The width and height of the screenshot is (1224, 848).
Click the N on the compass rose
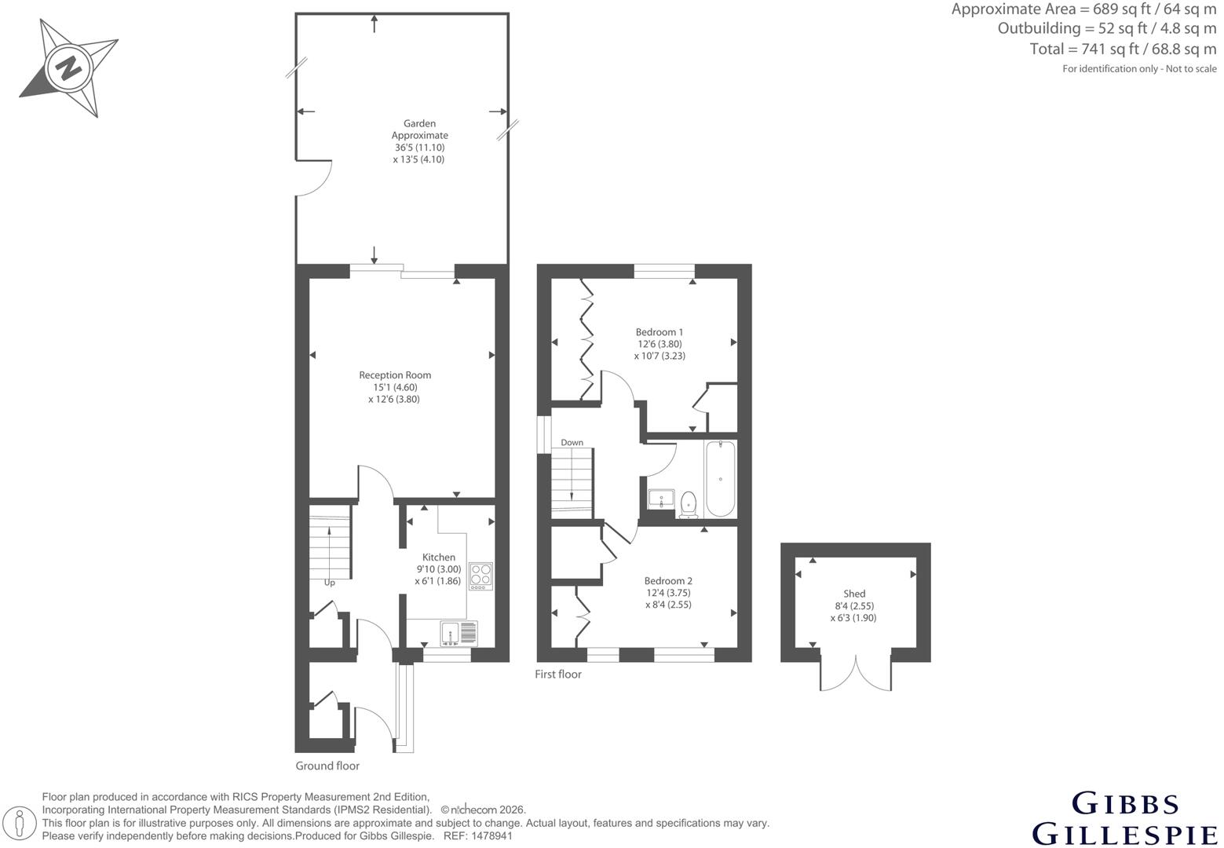(x=68, y=69)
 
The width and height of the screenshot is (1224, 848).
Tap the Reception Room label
(x=395, y=375)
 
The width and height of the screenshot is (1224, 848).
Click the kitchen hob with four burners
(x=480, y=576)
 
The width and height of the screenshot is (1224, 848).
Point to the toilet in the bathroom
(x=689, y=504)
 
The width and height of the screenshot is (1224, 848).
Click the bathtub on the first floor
(x=721, y=479)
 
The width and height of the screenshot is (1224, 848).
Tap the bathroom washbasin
(x=661, y=499)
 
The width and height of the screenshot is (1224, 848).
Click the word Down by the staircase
(x=572, y=443)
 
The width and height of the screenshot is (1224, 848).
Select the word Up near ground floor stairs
(x=330, y=583)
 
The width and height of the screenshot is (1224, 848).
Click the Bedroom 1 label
(x=659, y=332)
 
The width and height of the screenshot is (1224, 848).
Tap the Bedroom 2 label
(x=667, y=581)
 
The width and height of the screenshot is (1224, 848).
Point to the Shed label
(x=854, y=594)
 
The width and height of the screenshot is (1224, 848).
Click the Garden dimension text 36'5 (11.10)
(x=420, y=148)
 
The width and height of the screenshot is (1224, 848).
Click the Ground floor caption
(x=327, y=766)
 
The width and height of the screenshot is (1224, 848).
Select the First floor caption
(x=558, y=674)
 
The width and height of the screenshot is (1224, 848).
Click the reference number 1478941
(x=491, y=836)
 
